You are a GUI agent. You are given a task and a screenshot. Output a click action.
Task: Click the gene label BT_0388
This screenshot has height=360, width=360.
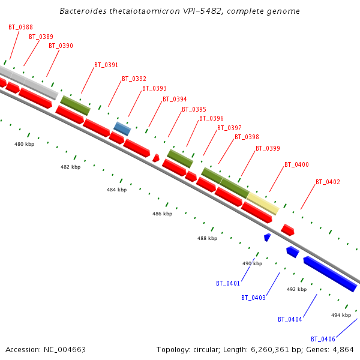(20, 27)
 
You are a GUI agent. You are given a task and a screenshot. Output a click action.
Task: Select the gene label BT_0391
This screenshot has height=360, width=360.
(106, 65)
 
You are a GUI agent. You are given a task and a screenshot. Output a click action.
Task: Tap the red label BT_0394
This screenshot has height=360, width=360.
(175, 99)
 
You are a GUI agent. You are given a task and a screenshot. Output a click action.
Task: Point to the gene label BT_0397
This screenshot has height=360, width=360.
(229, 128)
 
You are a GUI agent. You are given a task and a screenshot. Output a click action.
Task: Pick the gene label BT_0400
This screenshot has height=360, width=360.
(296, 164)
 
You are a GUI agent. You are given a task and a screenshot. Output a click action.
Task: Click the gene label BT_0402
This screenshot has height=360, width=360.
(328, 182)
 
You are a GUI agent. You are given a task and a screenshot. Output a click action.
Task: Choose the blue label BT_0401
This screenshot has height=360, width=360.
(228, 283)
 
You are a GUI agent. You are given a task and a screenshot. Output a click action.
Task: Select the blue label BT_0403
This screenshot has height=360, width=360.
(253, 298)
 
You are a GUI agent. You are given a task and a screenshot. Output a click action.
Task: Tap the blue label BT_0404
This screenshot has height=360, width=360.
(290, 319)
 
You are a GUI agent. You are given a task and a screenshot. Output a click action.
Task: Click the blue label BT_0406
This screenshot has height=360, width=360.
(323, 339)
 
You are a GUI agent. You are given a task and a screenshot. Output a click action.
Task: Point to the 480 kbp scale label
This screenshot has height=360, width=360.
(25, 144)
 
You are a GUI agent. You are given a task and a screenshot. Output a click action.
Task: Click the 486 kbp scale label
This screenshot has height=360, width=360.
(162, 214)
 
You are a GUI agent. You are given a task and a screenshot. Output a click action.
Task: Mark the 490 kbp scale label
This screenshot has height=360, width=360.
(252, 263)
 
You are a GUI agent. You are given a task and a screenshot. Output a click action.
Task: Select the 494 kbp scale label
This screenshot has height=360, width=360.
(341, 315)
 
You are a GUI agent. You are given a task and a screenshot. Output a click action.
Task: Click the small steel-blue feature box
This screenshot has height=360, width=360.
(122, 128)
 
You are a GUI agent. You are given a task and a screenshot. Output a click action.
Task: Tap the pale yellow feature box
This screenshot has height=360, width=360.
(263, 203)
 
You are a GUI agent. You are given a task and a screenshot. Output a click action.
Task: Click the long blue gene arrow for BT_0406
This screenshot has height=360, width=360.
(330, 274)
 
